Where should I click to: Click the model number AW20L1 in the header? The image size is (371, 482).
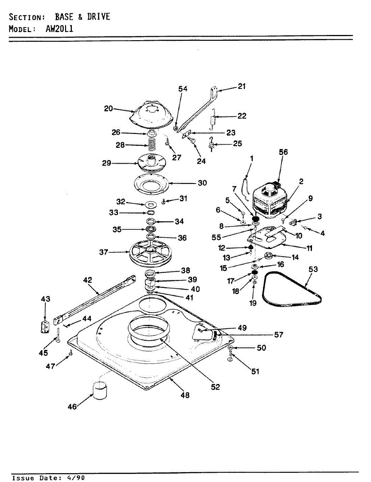coord(59,29)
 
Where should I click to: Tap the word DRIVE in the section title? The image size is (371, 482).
coord(98,16)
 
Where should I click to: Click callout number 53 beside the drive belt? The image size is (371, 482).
coord(313,269)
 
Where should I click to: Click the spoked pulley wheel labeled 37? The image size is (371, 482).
coord(151,253)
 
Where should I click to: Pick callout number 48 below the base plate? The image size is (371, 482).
coord(185,395)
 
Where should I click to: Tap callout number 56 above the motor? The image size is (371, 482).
coord(283,152)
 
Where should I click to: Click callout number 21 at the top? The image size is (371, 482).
coord(242,86)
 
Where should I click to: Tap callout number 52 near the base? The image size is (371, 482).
coord(215,387)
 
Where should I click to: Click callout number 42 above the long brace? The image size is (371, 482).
coord(88,280)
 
